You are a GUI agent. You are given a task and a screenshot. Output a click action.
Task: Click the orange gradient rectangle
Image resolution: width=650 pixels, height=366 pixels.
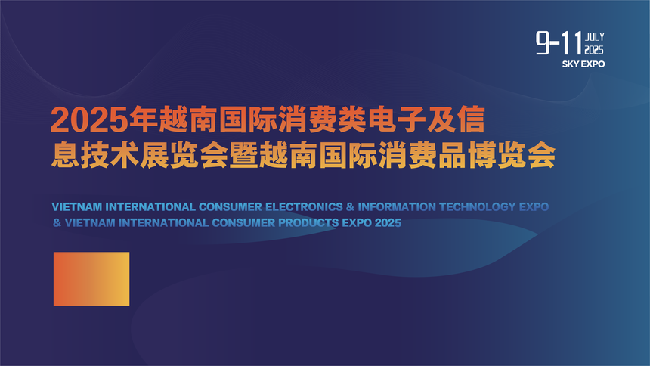pos(91,279)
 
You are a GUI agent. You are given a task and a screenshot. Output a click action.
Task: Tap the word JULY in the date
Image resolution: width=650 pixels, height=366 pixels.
pos(595,37)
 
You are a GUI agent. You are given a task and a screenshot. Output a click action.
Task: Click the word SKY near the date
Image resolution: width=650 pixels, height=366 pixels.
pos(571,64)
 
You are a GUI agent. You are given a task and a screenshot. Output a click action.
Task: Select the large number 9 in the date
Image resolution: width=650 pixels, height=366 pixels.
pos(543,43)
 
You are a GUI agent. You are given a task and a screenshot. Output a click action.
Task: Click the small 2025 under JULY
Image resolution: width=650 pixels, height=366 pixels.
pos(594,50)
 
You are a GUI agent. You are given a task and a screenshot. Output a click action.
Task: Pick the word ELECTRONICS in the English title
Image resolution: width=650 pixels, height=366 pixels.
pos(304,206)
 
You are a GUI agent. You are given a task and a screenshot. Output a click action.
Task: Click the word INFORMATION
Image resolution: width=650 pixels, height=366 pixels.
pos(397,206)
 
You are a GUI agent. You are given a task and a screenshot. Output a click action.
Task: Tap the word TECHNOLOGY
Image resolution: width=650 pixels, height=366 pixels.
pos(478,206)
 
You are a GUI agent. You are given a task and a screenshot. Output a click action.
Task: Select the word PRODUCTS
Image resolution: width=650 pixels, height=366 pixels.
pos(308,223)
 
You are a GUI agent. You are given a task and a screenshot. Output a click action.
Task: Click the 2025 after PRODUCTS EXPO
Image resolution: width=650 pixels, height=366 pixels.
pos(388,223)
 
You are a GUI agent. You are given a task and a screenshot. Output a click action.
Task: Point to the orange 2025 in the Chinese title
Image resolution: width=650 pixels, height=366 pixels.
pos(89,119)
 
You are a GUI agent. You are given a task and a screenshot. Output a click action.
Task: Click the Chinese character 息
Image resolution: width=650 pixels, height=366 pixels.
pos(66,155)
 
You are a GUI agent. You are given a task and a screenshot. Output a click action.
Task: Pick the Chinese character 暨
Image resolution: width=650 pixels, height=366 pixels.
pos(243,155)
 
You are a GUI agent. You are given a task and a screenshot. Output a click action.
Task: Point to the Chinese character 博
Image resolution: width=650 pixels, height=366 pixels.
pos(481,155)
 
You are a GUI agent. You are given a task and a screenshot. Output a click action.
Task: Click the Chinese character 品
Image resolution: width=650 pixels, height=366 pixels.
pos(452,155)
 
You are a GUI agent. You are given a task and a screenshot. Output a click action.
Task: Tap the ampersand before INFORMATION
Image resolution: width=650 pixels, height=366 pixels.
pos(350,206)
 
